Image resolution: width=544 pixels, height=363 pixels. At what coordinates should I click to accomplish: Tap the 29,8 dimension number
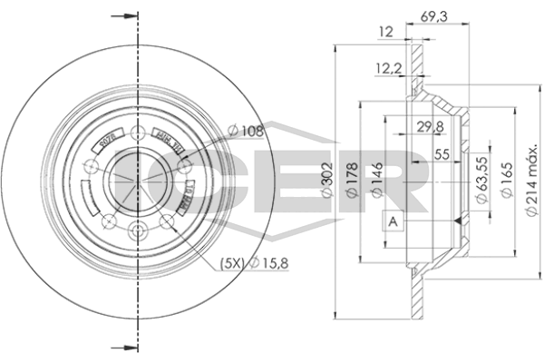tap(418, 126)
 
